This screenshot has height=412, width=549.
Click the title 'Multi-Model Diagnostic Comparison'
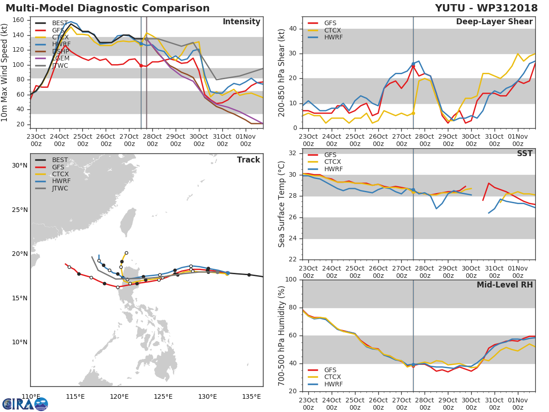pos(108,8)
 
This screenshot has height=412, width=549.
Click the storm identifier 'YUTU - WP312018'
pos(486,8)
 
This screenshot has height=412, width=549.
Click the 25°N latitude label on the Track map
pos(19,210)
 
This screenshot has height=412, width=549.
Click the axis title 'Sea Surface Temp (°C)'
pos(281,204)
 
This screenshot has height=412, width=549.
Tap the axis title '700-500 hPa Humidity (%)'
pos(281,335)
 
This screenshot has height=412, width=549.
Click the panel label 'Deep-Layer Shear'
pos(494,22)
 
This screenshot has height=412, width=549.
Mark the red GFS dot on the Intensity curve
pos(141,65)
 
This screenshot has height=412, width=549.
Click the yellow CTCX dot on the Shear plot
pos(413,113)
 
